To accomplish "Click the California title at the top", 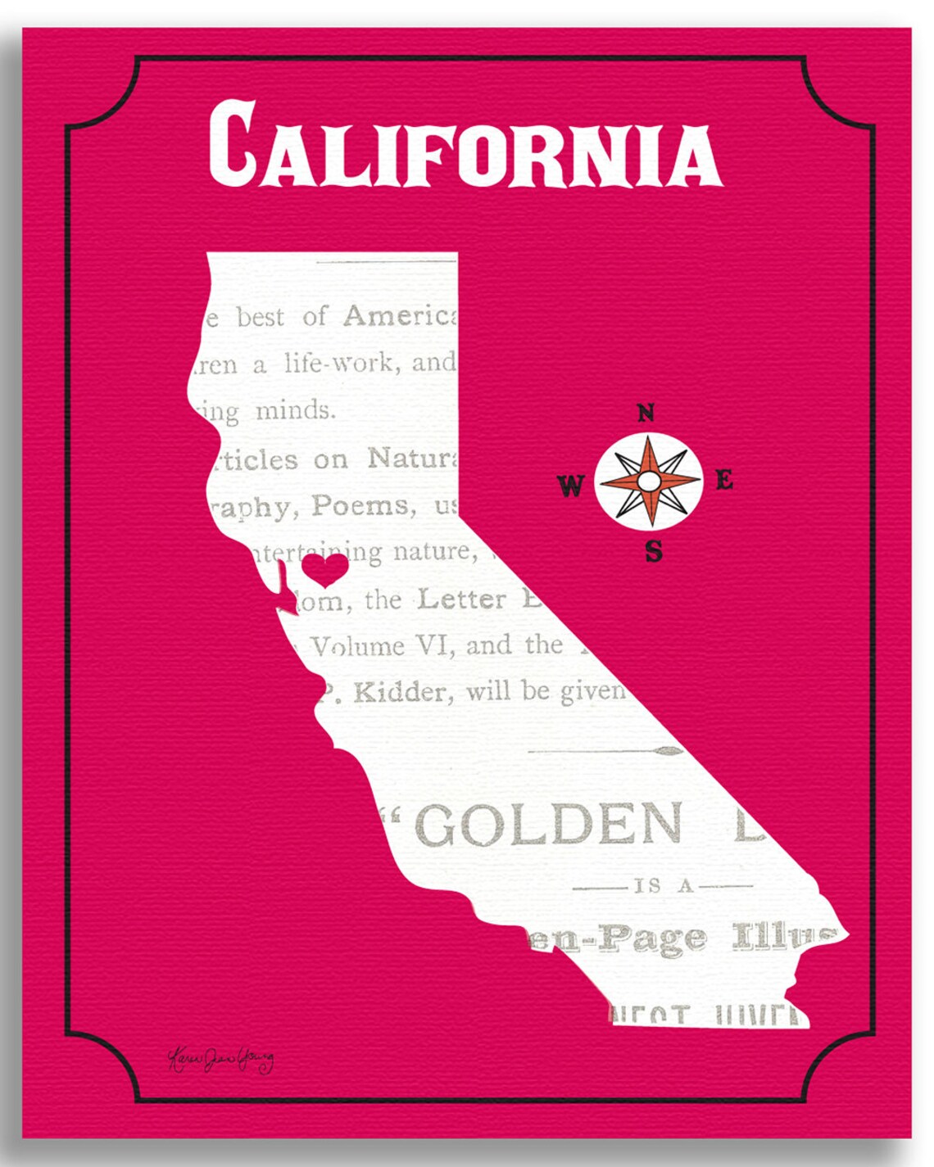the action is tap(465, 146).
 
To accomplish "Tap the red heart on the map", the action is tap(324, 569).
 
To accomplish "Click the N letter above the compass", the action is tap(646, 414).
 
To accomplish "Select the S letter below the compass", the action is tap(653, 552).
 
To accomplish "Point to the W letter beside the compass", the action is tap(570, 486).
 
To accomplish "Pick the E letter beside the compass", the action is tap(724, 481).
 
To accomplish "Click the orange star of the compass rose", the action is tap(648, 481).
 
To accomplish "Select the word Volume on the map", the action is tap(358, 647).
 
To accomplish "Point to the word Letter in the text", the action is tap(462, 599).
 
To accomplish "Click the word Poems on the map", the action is tap(360, 506).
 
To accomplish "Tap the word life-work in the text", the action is tap(338, 363).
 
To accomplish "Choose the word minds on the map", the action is tap(295, 409).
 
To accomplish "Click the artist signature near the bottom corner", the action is tap(220, 1059).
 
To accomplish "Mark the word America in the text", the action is tap(399, 315).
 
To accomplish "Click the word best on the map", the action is tap(260, 316).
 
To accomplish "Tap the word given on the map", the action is tap(592, 693).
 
